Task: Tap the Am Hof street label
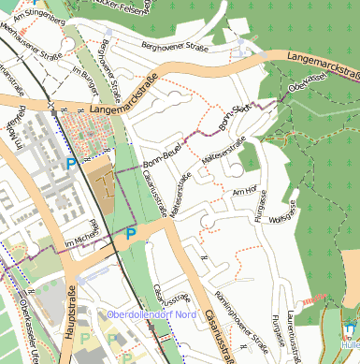(x=243, y=191)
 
